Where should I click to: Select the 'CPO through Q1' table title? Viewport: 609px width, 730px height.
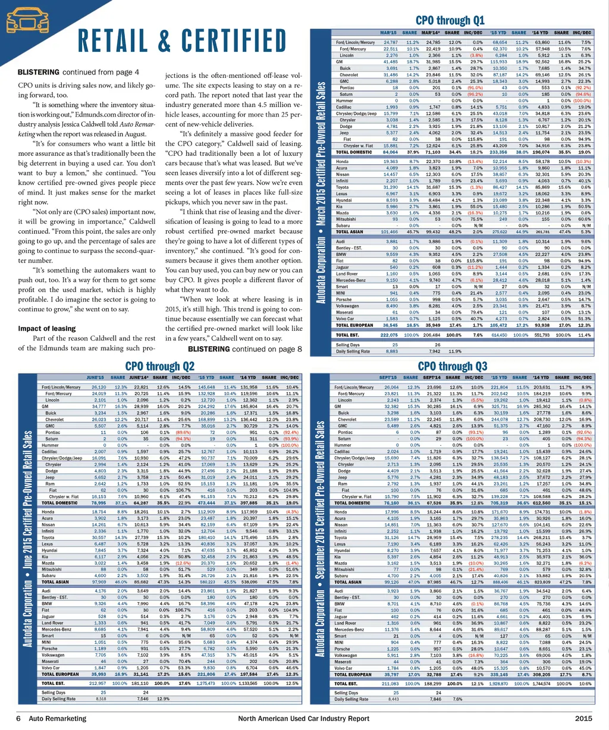[x=450, y=20]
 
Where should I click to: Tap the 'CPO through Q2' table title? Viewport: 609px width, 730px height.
[x=160, y=365]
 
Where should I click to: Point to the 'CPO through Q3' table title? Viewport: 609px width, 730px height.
[x=452, y=366]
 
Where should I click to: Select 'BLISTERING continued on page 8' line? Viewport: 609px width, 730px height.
[x=244, y=349]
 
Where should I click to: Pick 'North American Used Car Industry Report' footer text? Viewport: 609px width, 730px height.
[x=304, y=719]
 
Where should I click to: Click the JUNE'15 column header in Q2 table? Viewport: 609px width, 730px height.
[x=96, y=377]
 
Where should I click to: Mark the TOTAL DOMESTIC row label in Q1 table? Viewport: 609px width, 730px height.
[x=354, y=151]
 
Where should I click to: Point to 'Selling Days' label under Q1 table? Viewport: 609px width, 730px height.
[x=347, y=344]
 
